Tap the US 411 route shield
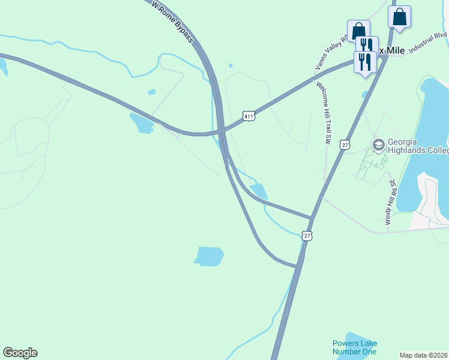(250, 115)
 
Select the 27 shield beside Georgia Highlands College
(344, 145)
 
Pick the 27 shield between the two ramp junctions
(307, 236)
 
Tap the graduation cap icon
(378, 145)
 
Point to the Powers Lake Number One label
(355, 347)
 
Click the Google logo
(20, 353)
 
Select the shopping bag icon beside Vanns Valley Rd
(358, 31)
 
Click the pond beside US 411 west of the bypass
(142, 122)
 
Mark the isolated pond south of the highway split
(209, 256)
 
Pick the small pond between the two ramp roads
(259, 191)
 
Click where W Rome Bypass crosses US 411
(221, 129)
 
